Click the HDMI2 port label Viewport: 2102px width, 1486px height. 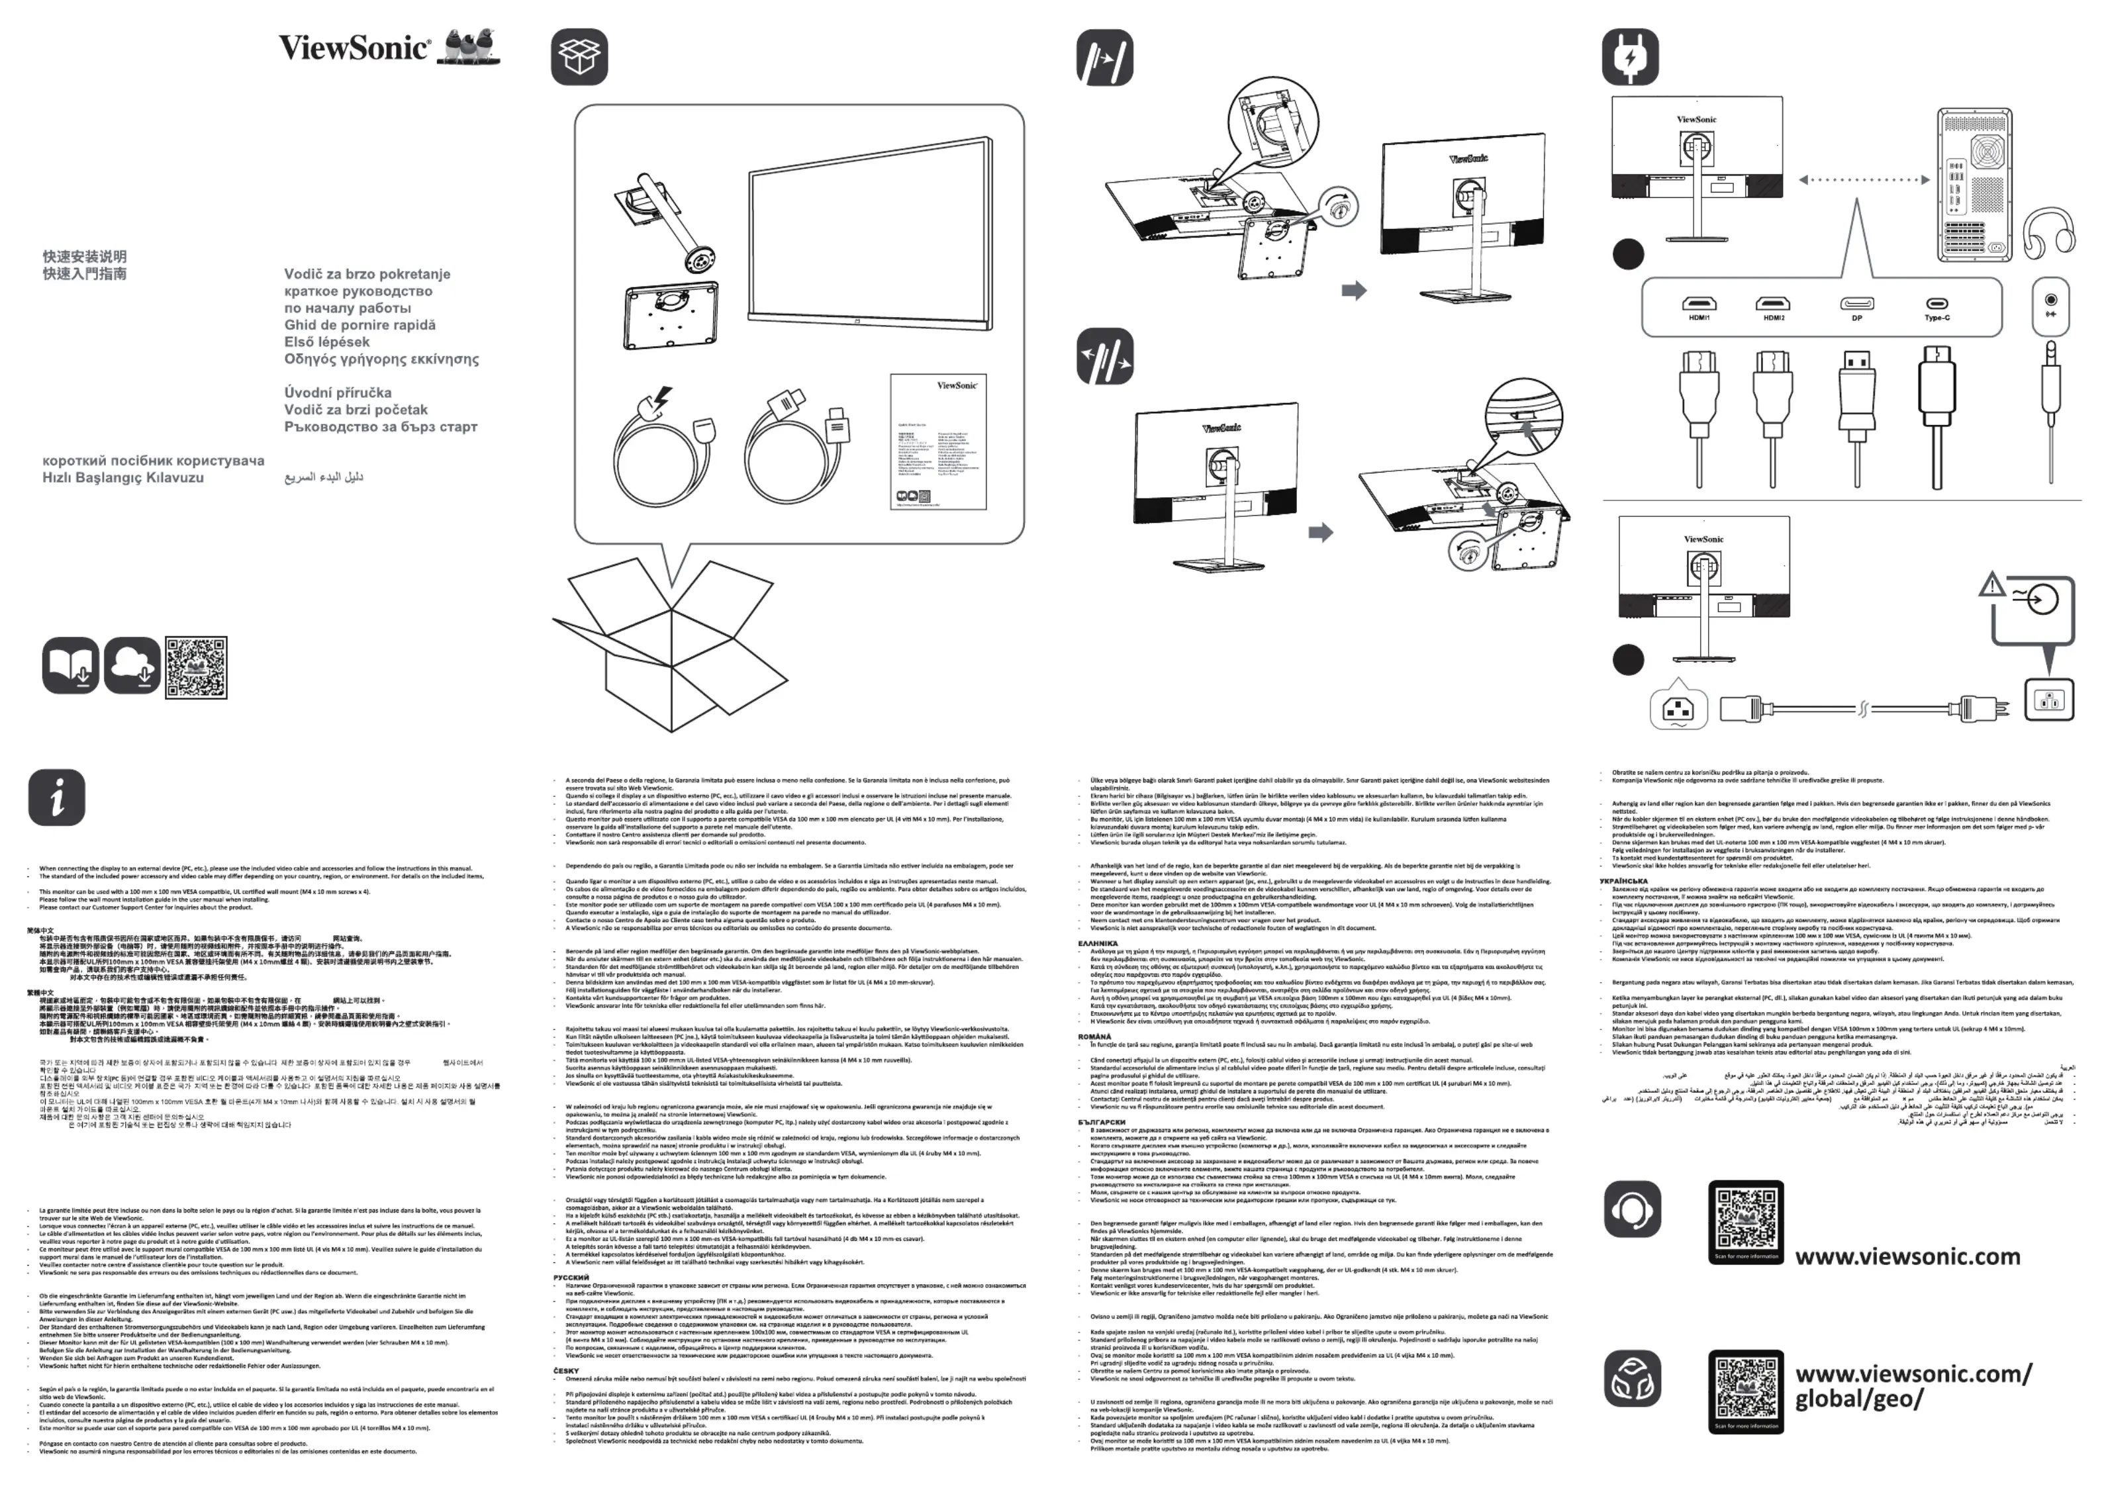(x=1774, y=318)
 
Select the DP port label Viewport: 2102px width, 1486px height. (x=1856, y=318)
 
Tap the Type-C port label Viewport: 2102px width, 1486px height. (x=1937, y=318)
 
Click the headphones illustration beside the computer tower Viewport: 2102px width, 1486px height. (x=2047, y=231)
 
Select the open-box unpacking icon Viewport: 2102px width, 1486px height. (x=579, y=57)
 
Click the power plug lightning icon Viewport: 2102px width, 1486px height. (x=1629, y=57)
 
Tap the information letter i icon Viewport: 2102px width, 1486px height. (x=57, y=796)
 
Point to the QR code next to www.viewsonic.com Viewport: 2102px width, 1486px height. (x=1746, y=1221)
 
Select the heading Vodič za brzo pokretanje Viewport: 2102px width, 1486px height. (x=367, y=274)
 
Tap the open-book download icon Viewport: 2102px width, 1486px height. (x=70, y=666)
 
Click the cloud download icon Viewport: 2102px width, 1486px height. (x=133, y=666)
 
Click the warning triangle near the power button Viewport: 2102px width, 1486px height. (x=1991, y=584)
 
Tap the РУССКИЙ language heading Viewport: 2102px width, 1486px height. (x=571, y=1277)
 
